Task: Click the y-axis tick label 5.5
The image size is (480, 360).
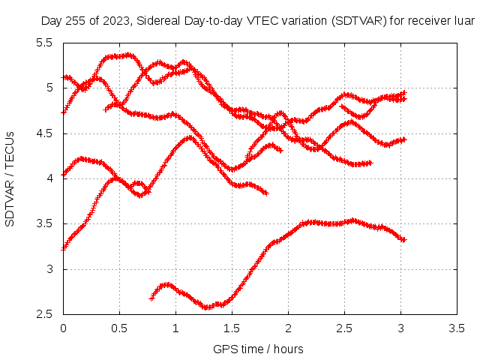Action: coord(44,43)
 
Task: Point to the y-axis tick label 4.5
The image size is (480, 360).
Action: coord(44,133)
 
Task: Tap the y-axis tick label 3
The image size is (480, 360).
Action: coord(49,269)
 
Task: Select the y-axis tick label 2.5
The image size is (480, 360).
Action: coord(44,314)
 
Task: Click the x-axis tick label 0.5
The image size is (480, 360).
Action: coord(119,328)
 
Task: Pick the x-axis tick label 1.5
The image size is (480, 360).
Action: coord(232,328)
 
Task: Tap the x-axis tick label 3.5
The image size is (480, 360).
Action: coord(457,328)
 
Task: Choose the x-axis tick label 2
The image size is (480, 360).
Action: coord(288,328)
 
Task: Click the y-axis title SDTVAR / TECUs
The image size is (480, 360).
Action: coord(10,179)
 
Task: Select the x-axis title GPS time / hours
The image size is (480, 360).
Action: coord(258,349)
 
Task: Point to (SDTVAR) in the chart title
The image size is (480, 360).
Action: coord(359,21)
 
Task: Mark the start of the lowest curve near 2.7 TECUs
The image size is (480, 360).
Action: coord(151,298)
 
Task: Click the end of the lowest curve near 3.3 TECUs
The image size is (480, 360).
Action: coord(403,240)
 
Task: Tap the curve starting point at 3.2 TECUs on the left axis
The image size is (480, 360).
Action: coord(64,249)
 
